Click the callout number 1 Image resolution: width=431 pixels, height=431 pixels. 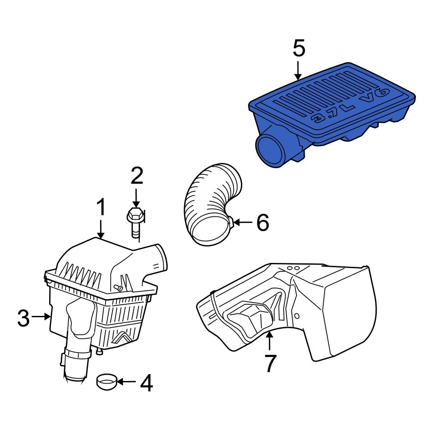(100, 207)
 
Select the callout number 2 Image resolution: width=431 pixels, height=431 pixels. (136, 177)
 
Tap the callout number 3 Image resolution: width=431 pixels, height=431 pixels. (24, 318)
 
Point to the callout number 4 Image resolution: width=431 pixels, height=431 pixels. (146, 383)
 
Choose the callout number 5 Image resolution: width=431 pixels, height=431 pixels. (299, 48)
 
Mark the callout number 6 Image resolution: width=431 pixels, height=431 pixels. (262, 222)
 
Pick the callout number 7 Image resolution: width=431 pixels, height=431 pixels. (269, 363)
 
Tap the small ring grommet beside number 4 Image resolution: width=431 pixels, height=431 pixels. (106, 381)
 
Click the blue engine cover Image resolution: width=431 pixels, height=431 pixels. (332, 112)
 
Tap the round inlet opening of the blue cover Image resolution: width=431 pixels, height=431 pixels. (270, 150)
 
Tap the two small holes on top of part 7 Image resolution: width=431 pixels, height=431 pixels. (293, 268)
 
